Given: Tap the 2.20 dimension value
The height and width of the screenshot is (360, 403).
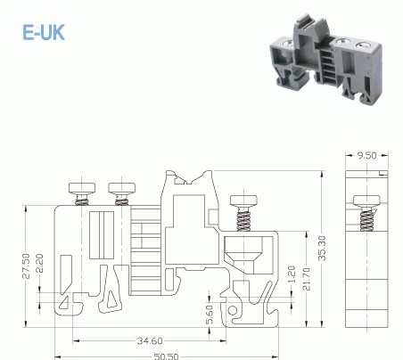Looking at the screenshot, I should [41, 263].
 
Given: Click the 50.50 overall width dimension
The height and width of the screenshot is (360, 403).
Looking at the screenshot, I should [169, 355].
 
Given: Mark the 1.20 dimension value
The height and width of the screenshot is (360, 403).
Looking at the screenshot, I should [292, 273].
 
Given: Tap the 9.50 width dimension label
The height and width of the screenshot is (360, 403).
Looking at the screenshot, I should [366, 155].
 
